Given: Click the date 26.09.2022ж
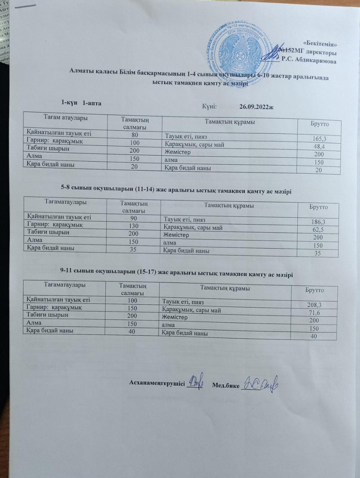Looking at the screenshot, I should click(257, 107).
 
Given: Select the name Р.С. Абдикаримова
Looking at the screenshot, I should click(309, 60).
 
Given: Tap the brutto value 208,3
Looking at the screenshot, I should click(314, 305).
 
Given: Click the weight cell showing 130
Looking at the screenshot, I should click(133, 226).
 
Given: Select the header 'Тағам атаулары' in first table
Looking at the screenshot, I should click(65, 118).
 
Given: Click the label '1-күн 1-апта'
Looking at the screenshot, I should click(81, 102).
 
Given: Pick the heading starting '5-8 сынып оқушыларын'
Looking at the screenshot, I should click(176, 191).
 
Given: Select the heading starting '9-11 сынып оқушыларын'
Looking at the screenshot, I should click(176, 274).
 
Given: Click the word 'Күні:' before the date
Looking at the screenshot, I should click(210, 106).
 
